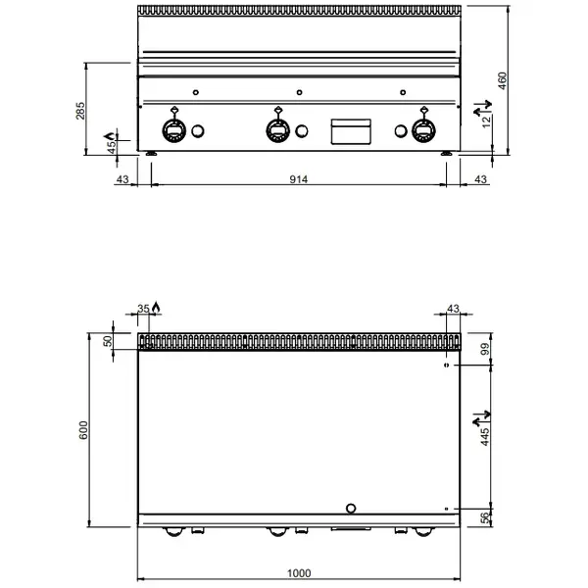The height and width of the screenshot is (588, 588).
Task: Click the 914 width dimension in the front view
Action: pyautogui.click(x=299, y=179)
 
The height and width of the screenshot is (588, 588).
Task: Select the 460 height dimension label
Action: pyautogui.click(x=503, y=80)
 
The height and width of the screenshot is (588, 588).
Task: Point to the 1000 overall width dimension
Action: pyautogui.click(x=299, y=573)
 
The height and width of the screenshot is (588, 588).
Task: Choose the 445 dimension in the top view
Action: pyautogui.click(x=483, y=431)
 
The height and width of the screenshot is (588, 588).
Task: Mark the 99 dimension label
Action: pyautogui.click(x=483, y=349)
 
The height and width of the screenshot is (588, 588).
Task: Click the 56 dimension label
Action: pyautogui.click(x=483, y=518)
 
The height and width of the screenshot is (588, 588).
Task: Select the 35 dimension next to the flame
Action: pyautogui.click(x=144, y=309)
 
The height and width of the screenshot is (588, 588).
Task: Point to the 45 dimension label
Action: pyautogui.click(x=111, y=145)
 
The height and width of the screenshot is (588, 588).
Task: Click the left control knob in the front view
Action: pyautogui.click(x=174, y=129)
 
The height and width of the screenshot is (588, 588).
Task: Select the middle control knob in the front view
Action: pyautogui.click(x=278, y=129)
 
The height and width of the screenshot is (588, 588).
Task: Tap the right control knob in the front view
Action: pyautogui.click(x=423, y=129)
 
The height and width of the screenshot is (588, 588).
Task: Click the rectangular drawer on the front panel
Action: pyautogui.click(x=351, y=130)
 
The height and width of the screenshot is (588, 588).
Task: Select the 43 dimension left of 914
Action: pyautogui.click(x=122, y=179)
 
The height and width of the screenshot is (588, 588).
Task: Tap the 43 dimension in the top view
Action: pyautogui.click(x=453, y=310)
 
